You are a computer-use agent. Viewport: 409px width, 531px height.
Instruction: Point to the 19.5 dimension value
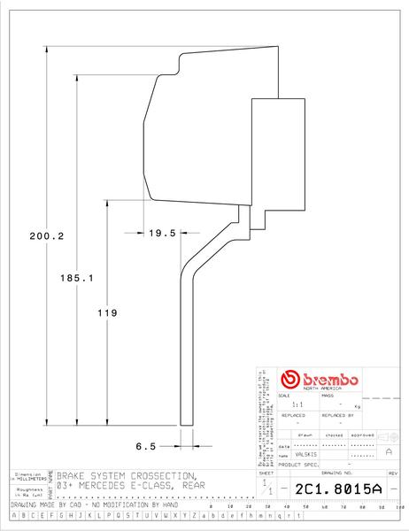(x=162, y=233)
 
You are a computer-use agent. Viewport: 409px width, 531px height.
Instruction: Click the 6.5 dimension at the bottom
(x=147, y=446)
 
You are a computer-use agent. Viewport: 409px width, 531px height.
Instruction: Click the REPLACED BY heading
(x=336, y=414)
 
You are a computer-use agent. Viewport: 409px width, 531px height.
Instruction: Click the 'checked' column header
(x=334, y=435)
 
